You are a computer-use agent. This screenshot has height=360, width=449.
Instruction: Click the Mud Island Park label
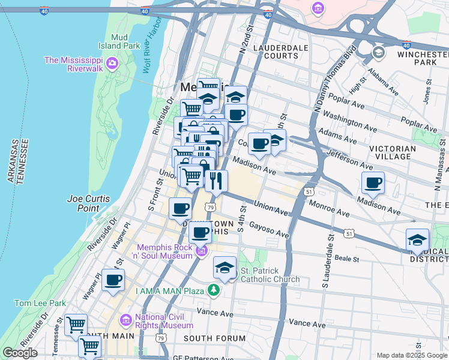pyautogui.click(x=119, y=40)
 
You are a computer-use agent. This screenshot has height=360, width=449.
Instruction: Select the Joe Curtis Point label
pyautogui.click(x=83, y=203)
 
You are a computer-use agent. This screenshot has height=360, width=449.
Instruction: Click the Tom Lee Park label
pyautogui.click(x=40, y=303)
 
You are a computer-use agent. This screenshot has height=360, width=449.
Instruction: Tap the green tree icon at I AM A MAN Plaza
pyautogui.click(x=213, y=291)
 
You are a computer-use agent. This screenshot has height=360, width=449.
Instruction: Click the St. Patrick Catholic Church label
pyautogui.click(x=270, y=275)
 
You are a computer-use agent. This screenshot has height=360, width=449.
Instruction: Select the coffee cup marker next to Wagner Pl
pyautogui.click(x=113, y=279)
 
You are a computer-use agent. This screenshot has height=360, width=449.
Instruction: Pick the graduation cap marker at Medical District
pyautogui.click(x=417, y=240)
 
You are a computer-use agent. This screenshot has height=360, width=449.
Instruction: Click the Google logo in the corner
pyautogui.click(x=20, y=353)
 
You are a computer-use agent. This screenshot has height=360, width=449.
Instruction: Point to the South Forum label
pyautogui.click(x=214, y=338)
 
